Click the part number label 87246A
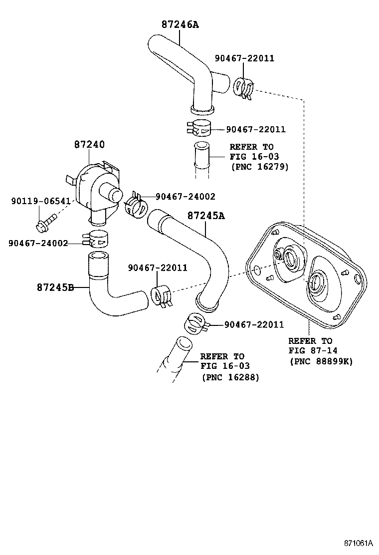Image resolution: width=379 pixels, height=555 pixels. [180, 24]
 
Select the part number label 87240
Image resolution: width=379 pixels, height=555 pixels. [89, 144]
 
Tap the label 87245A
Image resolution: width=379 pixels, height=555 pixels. [206, 216]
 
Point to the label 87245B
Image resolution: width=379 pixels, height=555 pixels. [55, 287]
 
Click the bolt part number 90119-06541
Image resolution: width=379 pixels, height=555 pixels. [40, 201]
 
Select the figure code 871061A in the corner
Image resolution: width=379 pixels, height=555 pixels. [358, 543]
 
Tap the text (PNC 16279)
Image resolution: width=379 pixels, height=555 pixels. [259, 166]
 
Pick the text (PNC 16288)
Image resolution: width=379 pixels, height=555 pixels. [230, 377]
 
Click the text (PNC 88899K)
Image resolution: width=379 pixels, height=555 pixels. [321, 361]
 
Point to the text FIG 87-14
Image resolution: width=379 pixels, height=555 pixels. [310, 351]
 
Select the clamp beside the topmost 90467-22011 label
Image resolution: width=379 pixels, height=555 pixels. [243, 87]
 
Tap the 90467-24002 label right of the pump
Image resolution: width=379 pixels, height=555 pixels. [185, 197]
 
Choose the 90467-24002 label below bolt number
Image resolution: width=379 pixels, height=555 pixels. [38, 243]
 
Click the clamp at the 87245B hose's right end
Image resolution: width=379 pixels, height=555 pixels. [161, 296]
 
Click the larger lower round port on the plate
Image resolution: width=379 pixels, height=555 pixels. [317, 284]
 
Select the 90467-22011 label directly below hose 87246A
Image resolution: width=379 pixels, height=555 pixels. [255, 129]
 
